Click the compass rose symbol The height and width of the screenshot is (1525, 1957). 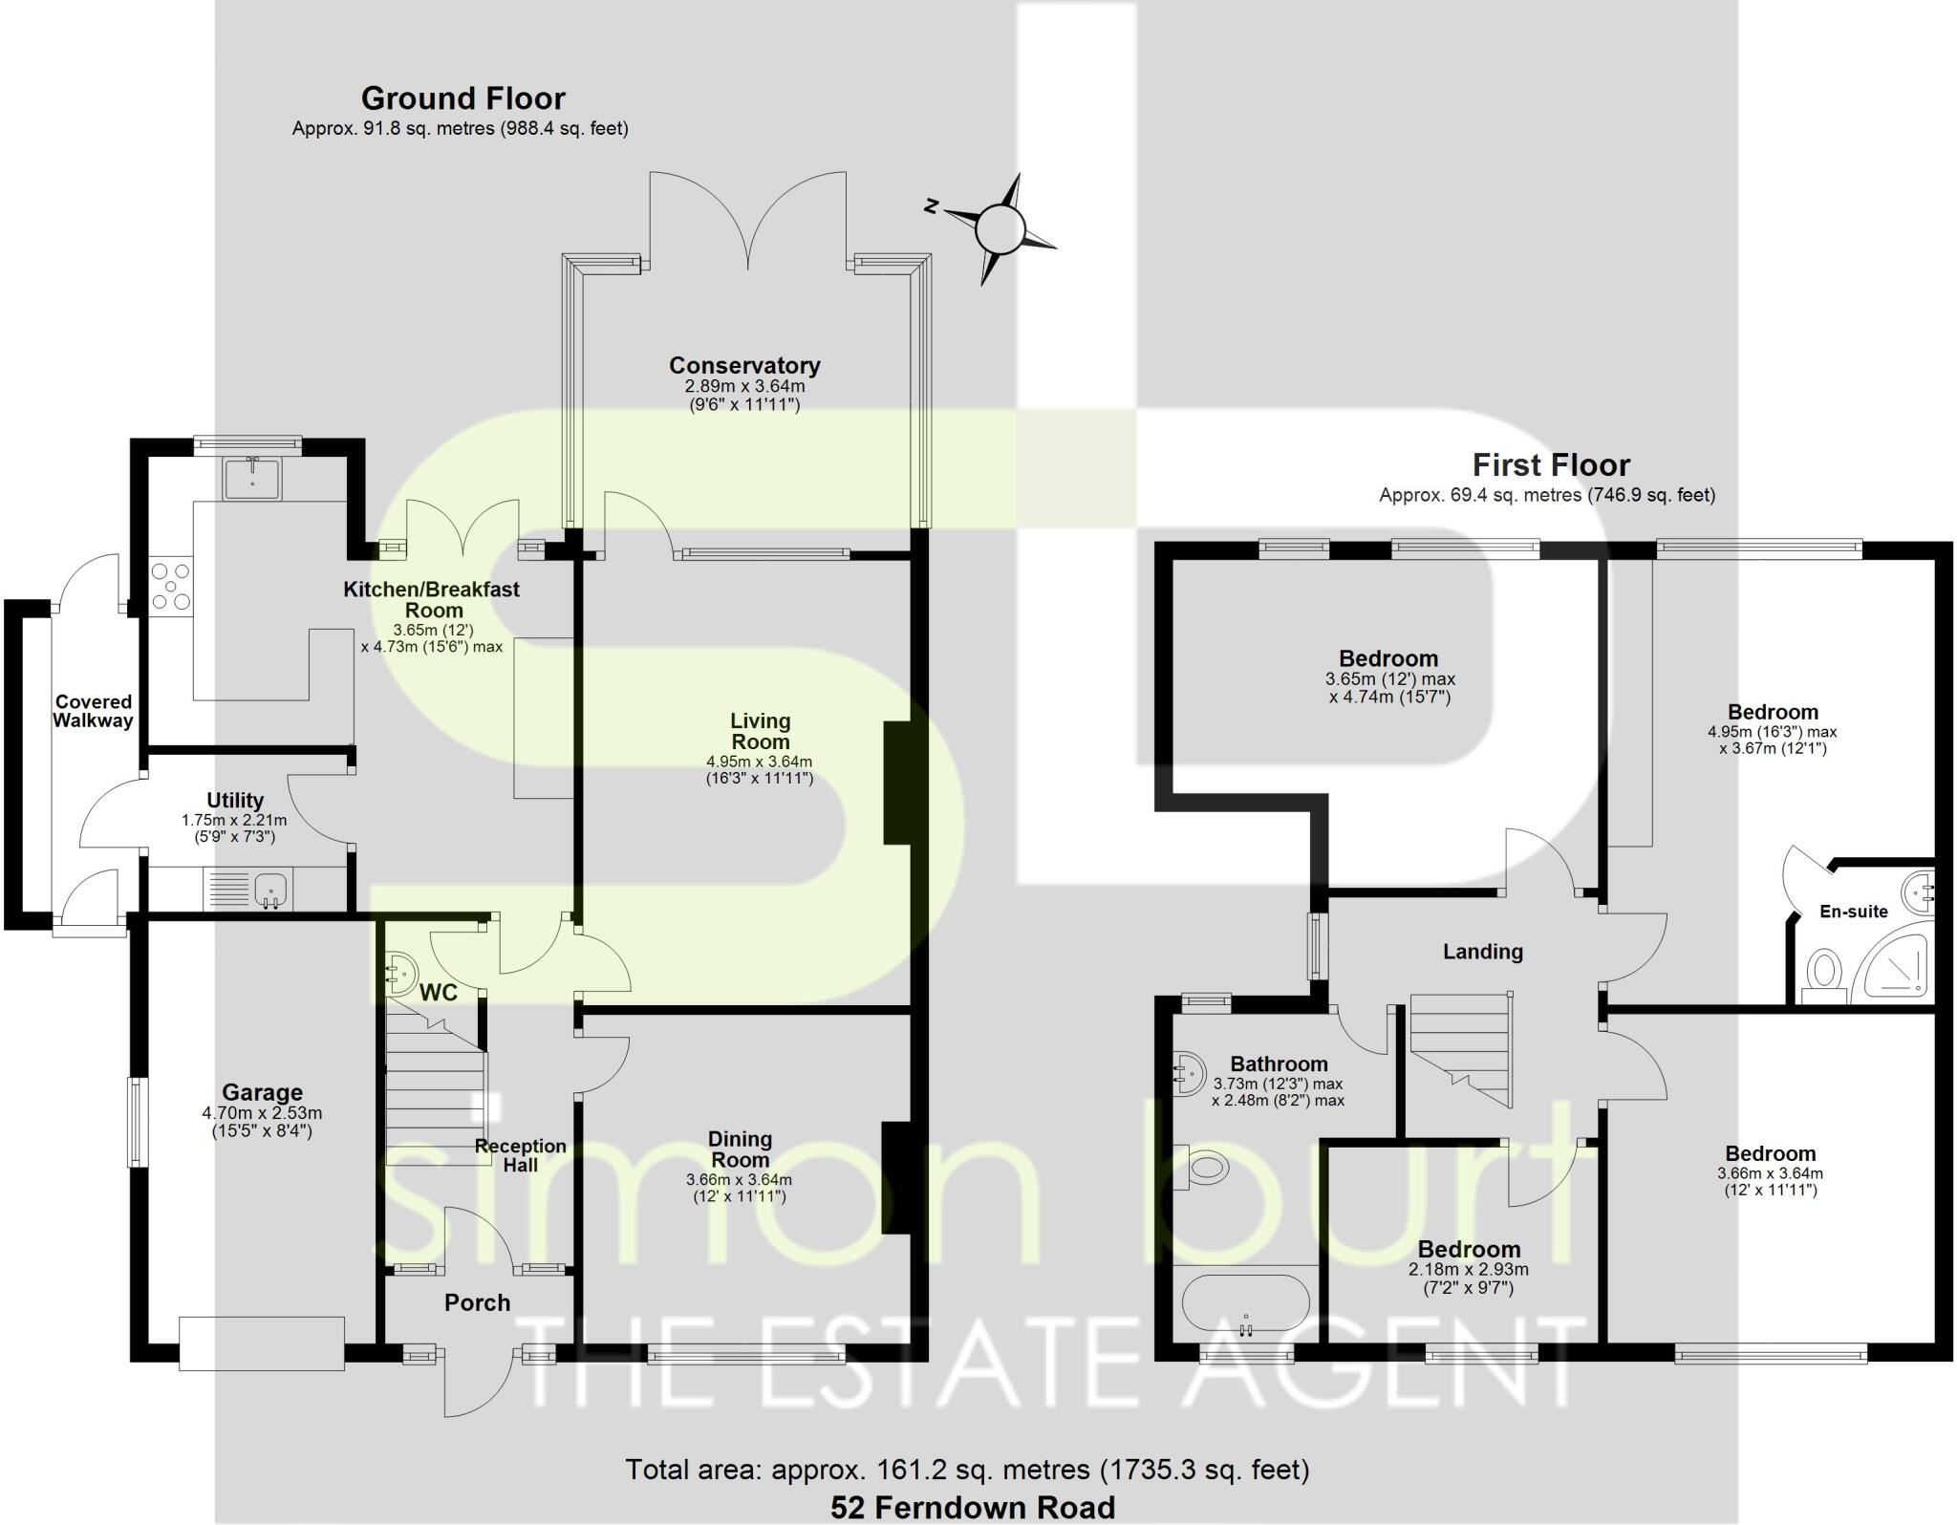[x=999, y=229]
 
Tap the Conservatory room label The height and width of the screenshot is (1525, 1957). [x=744, y=366]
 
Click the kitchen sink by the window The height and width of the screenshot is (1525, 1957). [x=252, y=478]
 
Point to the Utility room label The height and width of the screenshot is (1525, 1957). [x=235, y=801]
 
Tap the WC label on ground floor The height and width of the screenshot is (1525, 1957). [x=439, y=993]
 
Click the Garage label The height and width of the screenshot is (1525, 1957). [x=262, y=1092]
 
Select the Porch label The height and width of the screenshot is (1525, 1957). [x=477, y=1302]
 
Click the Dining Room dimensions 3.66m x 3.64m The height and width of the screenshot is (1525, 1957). [x=739, y=1180]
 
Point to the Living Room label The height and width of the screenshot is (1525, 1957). [x=761, y=731]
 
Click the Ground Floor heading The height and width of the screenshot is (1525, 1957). [x=462, y=98]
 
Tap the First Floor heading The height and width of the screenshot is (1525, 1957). [x=1550, y=465]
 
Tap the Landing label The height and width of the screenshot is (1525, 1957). [x=1482, y=952]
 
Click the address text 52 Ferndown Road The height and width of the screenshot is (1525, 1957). [x=972, y=1508]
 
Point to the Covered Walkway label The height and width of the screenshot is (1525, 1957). [x=93, y=712]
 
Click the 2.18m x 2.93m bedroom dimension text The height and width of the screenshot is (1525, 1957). [x=1468, y=1270]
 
